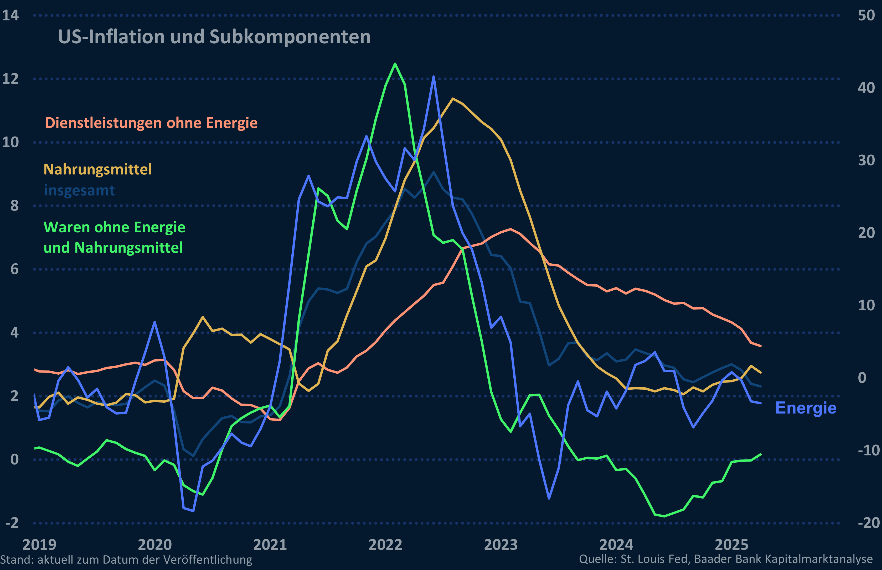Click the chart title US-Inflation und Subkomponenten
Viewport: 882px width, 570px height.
click(x=214, y=37)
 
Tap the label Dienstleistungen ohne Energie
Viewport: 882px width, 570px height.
click(x=151, y=123)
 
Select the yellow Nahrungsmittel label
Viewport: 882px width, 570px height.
click(x=97, y=170)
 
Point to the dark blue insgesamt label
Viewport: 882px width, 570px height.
click(x=79, y=190)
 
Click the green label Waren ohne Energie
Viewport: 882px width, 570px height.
click(x=114, y=227)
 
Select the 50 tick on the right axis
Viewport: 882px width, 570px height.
click(x=866, y=15)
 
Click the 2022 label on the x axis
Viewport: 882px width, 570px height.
click(x=385, y=545)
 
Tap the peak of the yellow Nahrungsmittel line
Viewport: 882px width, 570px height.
click(x=452, y=98)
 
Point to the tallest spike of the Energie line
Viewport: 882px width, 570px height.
click(x=434, y=77)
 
